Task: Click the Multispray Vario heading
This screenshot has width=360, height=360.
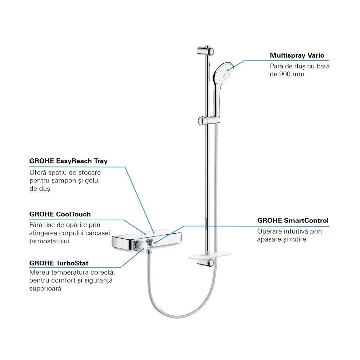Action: tap(297, 55)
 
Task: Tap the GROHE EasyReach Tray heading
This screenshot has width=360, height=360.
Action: tap(68, 161)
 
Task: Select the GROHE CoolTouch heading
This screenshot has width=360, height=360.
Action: tap(60, 214)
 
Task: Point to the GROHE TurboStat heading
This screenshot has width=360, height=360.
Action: tap(59, 263)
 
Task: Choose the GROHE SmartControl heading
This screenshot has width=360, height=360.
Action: tap(293, 220)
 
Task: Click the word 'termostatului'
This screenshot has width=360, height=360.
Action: tap(49, 241)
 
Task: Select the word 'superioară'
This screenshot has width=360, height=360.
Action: tap(45, 289)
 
